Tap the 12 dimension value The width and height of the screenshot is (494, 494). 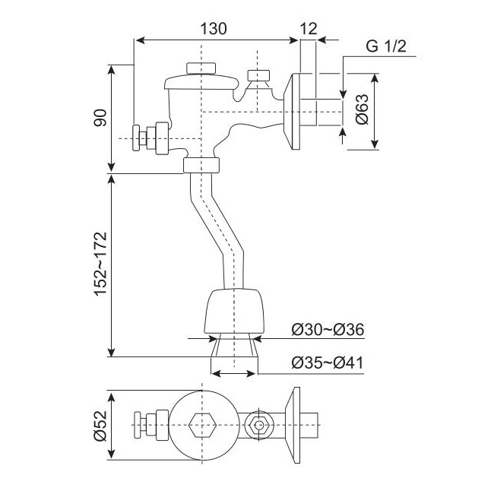309,29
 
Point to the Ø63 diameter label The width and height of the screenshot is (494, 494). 362,112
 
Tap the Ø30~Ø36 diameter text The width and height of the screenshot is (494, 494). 328,330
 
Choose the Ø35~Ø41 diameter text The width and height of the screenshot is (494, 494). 328,363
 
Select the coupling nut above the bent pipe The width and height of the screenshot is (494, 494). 202,165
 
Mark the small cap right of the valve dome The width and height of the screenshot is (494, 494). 259,75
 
